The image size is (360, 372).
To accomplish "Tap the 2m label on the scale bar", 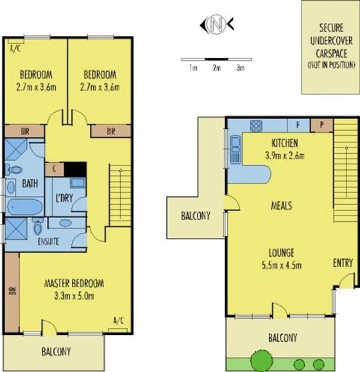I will (x=216, y=67).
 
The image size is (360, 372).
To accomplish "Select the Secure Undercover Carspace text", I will (x=330, y=47).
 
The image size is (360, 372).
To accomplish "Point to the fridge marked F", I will (x=297, y=125).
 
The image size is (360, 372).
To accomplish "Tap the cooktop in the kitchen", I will (x=255, y=125).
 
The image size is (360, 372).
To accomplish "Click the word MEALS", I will (x=282, y=206).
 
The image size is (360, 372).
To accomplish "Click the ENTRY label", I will (x=342, y=263).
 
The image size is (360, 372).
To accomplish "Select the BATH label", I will (x=30, y=183).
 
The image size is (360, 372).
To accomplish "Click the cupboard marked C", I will (x=55, y=169).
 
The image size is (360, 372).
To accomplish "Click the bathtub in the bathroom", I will (x=24, y=207).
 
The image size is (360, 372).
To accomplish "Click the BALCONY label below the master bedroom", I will (x=56, y=351).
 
